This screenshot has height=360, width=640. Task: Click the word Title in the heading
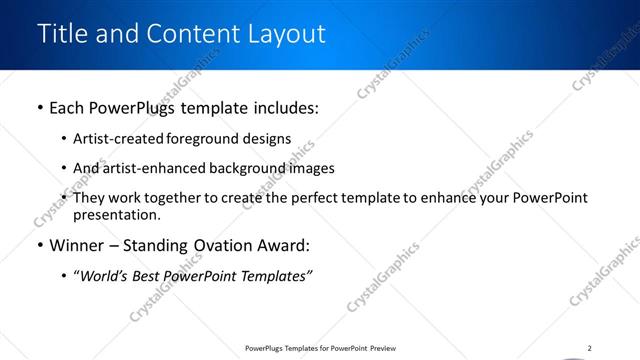click(61, 33)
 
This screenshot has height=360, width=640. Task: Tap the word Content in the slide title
click(191, 33)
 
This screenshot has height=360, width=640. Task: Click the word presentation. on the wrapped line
click(117, 214)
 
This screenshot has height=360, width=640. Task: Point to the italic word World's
click(106, 276)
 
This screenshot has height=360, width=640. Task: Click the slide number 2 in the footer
click(590, 348)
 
